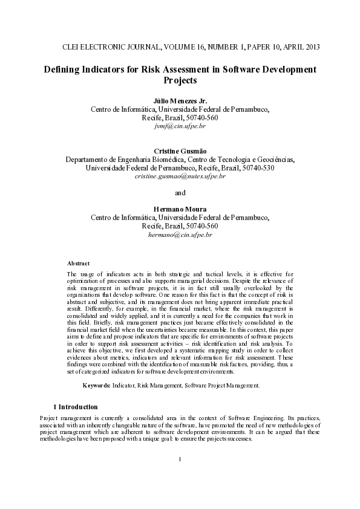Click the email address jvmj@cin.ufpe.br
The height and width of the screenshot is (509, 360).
180,128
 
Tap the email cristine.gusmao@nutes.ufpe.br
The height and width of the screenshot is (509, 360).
180,177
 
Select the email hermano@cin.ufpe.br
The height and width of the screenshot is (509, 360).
180,234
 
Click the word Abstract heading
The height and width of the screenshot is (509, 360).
78,264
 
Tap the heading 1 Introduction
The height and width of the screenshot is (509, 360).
75,407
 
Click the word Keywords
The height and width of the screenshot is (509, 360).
96,385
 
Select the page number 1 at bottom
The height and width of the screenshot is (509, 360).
180,460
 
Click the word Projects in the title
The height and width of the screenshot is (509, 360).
180,80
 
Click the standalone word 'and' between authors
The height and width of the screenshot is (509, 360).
180,193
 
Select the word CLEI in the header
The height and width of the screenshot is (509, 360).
73,47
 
